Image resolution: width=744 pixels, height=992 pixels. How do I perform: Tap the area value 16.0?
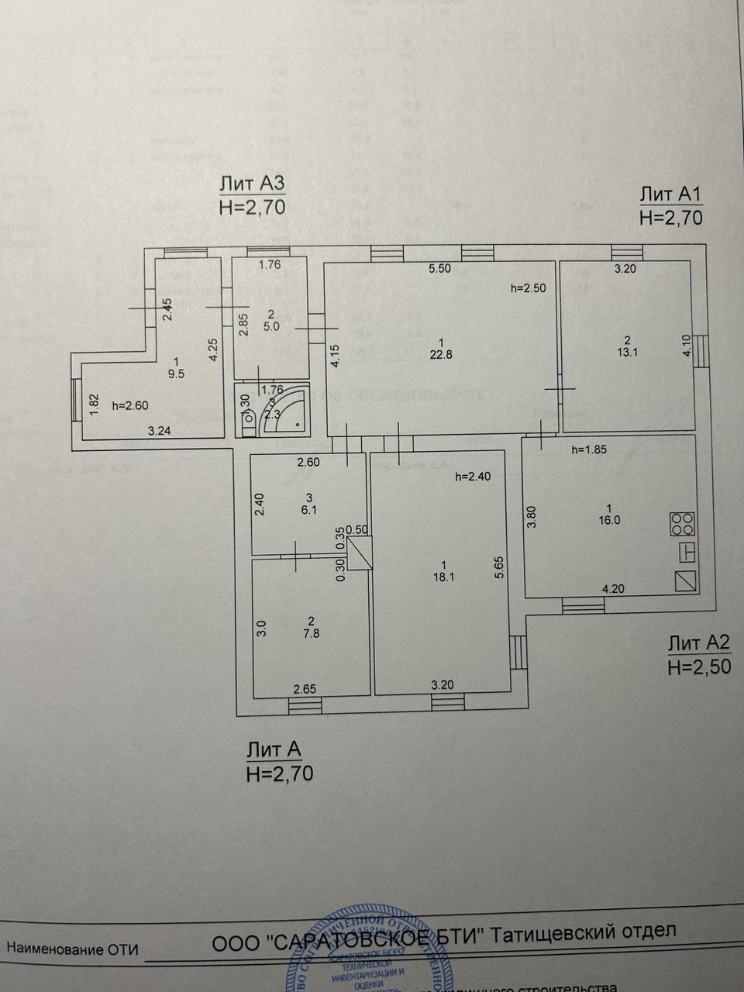[609, 520]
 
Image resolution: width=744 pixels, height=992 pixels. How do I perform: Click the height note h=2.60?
[130, 405]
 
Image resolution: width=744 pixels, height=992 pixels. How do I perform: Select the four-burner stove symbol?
[682, 524]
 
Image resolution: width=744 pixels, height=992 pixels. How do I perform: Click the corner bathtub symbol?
[285, 408]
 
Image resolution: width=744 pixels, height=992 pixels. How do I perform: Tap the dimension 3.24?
[160, 432]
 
